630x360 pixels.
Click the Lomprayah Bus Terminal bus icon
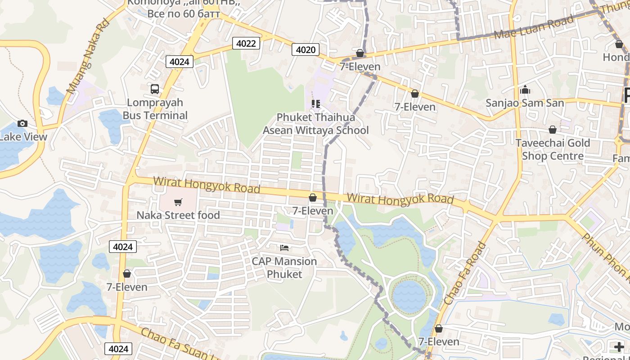click(x=155, y=89)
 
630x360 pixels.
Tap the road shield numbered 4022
click(x=246, y=43)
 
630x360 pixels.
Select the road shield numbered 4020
click(x=306, y=49)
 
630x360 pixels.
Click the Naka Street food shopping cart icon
click(x=178, y=202)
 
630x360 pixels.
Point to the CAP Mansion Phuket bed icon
click(x=284, y=247)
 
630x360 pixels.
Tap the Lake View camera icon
click(x=22, y=123)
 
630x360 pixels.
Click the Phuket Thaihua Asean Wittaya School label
click(x=315, y=124)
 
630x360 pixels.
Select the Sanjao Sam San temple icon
click(x=525, y=90)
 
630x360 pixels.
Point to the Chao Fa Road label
click(x=465, y=273)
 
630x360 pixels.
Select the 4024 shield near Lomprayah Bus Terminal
click(x=180, y=62)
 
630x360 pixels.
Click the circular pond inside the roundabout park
click(x=409, y=297)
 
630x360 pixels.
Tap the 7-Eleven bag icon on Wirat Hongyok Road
click(x=313, y=198)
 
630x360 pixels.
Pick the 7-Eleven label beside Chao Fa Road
click(x=439, y=342)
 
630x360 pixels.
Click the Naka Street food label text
click(x=178, y=215)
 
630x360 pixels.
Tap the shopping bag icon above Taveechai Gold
click(x=553, y=130)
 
